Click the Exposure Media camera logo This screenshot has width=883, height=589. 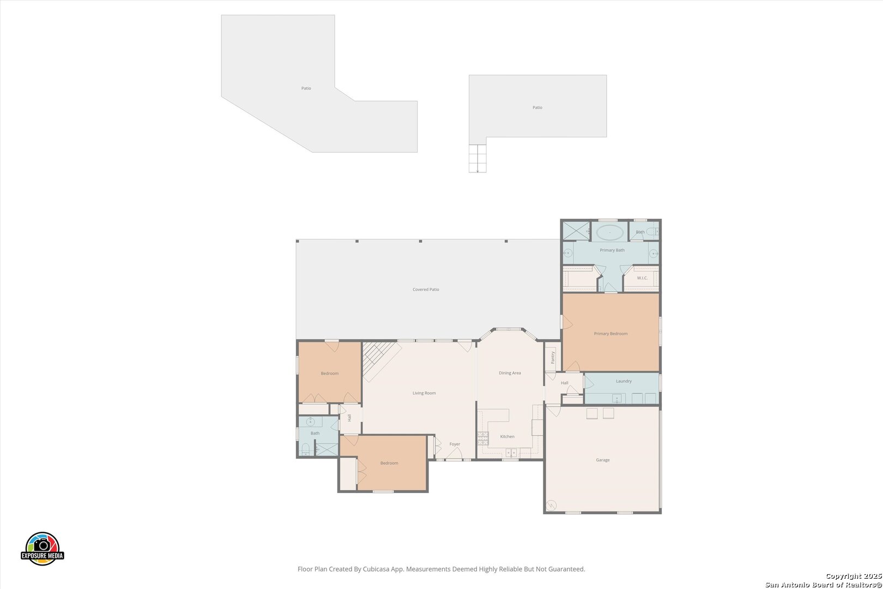click(42, 548)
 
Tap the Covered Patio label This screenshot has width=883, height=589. click(426, 290)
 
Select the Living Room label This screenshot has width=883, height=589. click(424, 393)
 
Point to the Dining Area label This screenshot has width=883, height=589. click(510, 373)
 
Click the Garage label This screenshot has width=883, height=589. click(603, 460)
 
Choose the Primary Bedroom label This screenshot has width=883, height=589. click(610, 334)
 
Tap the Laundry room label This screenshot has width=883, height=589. click(624, 381)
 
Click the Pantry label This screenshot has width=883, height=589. click(553, 357)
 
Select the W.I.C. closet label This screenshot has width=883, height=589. click(642, 278)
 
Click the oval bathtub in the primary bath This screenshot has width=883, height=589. click(610, 232)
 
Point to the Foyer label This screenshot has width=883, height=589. click(455, 444)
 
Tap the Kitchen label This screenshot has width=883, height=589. click(507, 437)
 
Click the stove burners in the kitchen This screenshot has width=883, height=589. click(483, 438)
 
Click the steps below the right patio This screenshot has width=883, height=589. click(477, 159)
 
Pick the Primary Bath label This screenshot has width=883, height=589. click(612, 250)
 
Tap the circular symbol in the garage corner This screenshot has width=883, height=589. click(551, 506)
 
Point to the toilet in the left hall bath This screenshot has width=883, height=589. click(305, 449)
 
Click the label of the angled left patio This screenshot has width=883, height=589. click(306, 88)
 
